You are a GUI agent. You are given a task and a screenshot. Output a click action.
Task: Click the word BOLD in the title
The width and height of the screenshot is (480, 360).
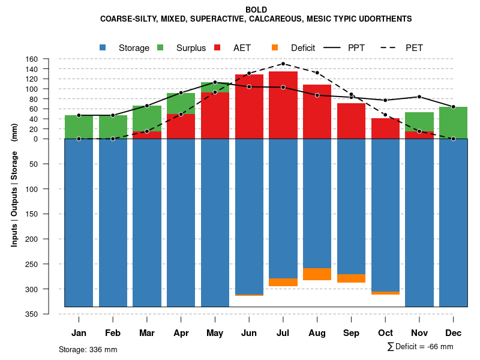tap(256, 10)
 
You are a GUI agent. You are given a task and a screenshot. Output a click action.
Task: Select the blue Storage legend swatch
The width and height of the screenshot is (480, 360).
tap(103, 47)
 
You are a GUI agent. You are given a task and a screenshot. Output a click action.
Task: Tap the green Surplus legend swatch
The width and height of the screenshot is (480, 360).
tap(161, 47)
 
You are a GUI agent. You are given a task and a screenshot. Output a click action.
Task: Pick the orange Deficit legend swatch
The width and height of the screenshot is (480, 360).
tap(275, 47)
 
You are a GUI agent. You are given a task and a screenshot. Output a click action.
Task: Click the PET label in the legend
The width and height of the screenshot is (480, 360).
tap(414, 48)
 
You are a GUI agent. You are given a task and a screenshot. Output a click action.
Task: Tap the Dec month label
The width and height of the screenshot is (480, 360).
tap(453, 333)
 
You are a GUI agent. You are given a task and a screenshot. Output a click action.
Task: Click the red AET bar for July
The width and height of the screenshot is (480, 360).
tap(283, 105)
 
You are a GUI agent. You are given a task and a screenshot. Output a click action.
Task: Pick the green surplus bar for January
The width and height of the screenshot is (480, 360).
tap(79, 127)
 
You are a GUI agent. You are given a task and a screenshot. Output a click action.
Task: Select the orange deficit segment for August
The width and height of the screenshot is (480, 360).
tap(317, 274)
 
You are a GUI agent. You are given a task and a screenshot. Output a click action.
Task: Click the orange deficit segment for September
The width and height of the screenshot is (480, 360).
tap(351, 278)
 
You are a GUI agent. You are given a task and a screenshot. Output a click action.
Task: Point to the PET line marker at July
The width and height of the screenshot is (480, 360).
tap(283, 64)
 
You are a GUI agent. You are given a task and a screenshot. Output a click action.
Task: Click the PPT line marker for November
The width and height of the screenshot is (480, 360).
tap(419, 97)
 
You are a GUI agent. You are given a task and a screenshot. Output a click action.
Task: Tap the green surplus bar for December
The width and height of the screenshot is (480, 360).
tap(453, 123)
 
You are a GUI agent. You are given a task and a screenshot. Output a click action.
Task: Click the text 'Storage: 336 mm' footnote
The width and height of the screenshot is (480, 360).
tap(88, 349)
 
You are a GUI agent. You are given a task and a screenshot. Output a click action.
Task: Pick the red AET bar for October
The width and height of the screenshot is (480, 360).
tap(385, 128)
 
